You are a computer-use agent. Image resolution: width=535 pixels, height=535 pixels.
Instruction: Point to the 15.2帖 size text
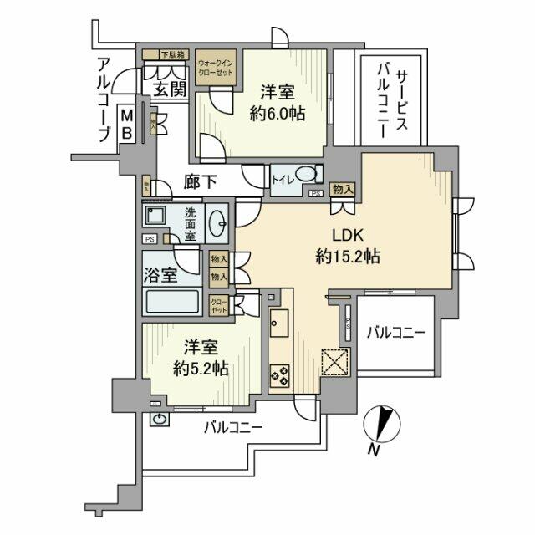pos(351,257)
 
